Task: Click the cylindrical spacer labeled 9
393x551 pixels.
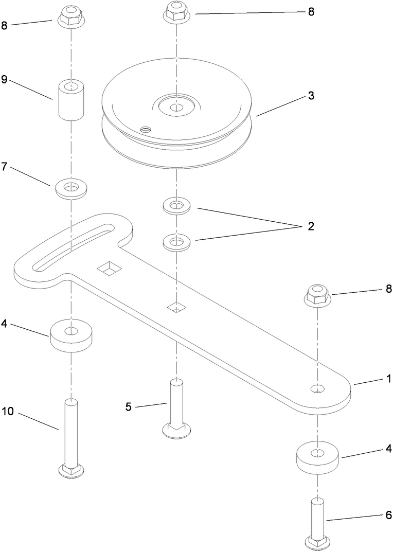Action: (x=71, y=100)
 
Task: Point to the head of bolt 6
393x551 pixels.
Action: (x=318, y=541)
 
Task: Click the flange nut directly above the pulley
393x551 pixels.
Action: (x=176, y=12)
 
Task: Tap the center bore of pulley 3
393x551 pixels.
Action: (x=176, y=107)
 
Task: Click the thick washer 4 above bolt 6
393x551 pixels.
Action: (x=318, y=457)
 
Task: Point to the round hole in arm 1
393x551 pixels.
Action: (x=318, y=388)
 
